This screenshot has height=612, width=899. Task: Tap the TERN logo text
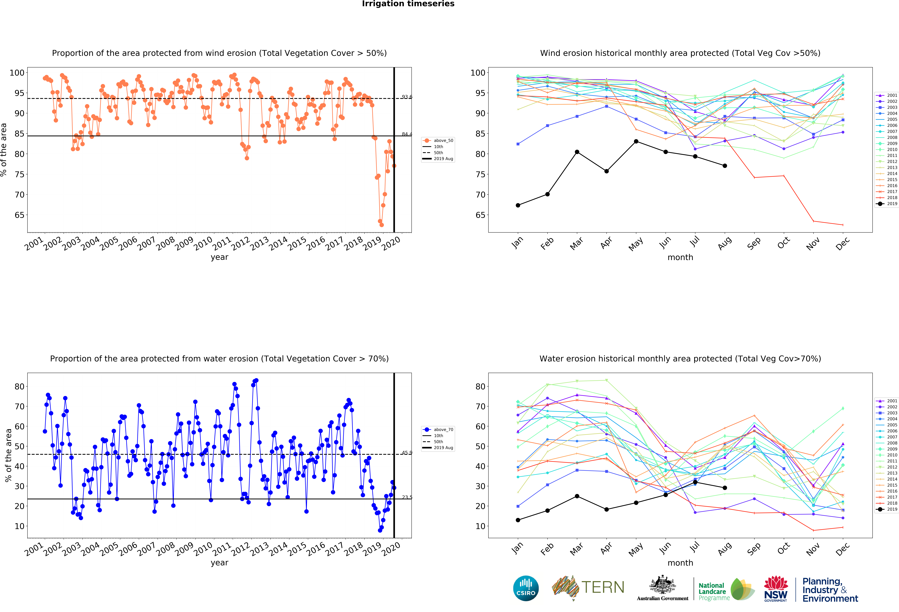(603, 587)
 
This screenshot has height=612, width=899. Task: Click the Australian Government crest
(663, 585)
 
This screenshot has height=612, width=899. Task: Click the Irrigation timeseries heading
(408, 4)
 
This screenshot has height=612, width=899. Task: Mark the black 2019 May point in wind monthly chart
(636, 141)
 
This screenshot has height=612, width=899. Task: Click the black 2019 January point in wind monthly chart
(518, 205)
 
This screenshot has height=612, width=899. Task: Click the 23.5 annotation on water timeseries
(407, 497)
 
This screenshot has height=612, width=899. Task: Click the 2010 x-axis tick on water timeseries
(203, 549)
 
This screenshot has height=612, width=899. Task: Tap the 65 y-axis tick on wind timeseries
(19, 215)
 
